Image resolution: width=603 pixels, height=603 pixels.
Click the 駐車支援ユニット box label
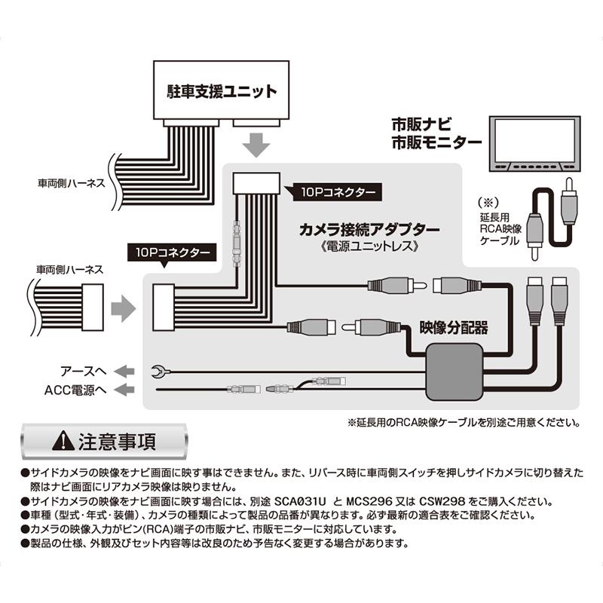(222, 92)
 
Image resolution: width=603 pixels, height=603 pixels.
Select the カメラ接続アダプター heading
(358, 227)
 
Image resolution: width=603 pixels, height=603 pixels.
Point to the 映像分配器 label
(454, 328)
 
